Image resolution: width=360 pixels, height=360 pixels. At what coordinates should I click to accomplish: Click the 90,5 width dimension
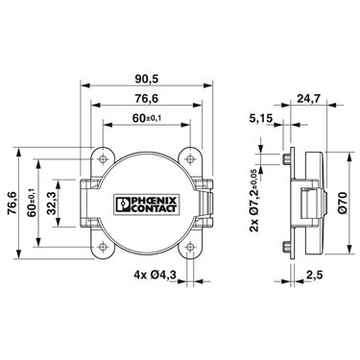click(147, 79)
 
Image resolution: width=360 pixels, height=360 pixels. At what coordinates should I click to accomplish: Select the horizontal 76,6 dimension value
click(147, 99)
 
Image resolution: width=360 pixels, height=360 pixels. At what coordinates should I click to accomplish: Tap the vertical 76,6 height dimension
click(12, 204)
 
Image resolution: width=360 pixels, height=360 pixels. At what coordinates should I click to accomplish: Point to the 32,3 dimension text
click(52, 204)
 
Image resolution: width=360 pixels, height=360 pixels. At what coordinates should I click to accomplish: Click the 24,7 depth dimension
click(308, 99)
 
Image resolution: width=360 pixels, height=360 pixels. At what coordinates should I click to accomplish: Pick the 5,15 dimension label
click(261, 119)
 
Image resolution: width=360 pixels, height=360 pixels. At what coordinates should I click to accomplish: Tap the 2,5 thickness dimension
click(314, 275)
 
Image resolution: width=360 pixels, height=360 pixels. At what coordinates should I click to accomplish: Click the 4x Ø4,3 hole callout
click(156, 275)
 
